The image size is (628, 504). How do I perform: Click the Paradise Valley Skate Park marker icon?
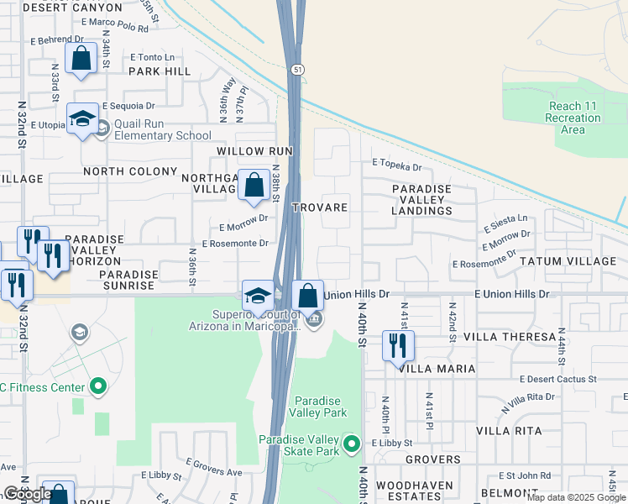point(353,443)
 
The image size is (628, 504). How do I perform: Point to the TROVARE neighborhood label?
point(319,207)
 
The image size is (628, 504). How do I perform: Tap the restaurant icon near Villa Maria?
point(397,345)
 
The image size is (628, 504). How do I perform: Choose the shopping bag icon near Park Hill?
point(81,59)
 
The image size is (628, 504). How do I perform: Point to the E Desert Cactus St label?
point(557,380)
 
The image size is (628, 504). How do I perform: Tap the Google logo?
point(27,494)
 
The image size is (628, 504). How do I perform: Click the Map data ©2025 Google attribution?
point(575,497)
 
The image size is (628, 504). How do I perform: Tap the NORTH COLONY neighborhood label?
point(130,171)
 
